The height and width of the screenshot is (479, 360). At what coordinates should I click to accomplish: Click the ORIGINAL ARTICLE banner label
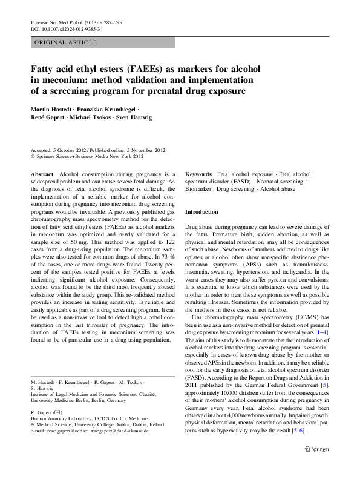[66, 42]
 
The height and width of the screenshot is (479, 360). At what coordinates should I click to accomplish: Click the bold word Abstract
[42, 174]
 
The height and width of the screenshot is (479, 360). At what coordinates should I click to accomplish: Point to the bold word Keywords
[198, 174]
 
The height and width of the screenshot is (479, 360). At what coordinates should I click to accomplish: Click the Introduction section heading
[201, 213]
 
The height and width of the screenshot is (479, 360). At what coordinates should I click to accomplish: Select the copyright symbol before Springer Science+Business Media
[33, 156]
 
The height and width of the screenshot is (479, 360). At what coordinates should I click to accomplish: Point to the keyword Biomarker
[199, 190]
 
